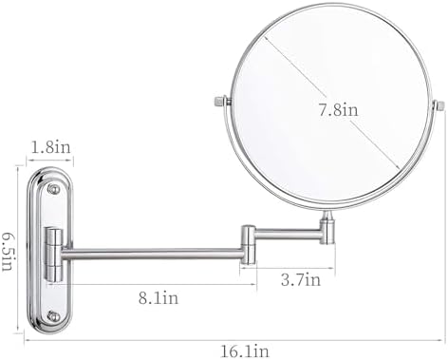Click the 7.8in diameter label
[x=338, y=110]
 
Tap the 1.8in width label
[x=50, y=147]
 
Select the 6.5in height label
[x=8, y=252]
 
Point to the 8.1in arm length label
[x=159, y=298]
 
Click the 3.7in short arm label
[x=301, y=280]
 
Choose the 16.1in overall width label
[x=245, y=351]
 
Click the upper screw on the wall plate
[x=53, y=189]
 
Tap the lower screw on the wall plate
[x=53, y=316]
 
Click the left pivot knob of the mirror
[x=222, y=101]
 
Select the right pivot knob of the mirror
[x=439, y=105]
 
